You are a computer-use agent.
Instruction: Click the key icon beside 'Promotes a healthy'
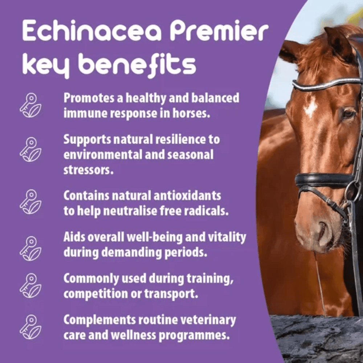pos(30,105)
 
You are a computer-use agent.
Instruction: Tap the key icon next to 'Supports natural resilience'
pos(30,150)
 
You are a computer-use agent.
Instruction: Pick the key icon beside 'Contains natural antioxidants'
pos(30,202)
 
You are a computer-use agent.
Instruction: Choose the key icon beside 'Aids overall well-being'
pos(30,249)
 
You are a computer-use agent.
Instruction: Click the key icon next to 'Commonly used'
pos(30,286)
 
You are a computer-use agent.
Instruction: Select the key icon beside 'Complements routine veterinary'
pos(30,327)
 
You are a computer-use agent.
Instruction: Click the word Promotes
pos(89,98)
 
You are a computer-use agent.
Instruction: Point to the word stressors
pos(89,170)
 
